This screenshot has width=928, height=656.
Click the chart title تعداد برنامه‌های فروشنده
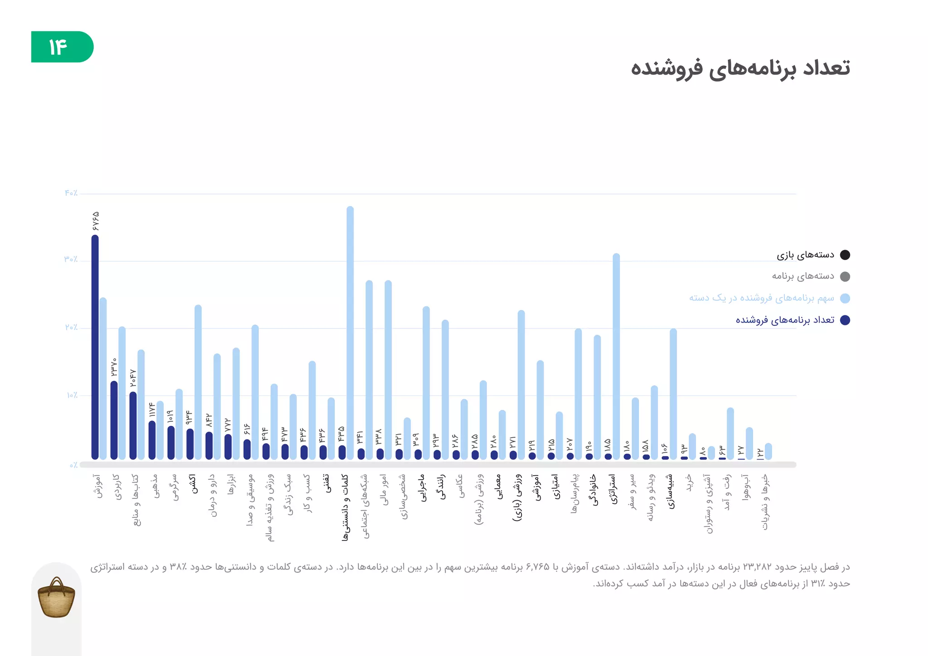click(x=740, y=68)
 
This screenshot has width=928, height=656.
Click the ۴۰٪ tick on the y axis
click(x=71, y=193)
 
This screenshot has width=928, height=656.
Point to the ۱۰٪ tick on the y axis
click(x=72, y=396)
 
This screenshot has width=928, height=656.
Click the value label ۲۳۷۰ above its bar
click(x=114, y=367)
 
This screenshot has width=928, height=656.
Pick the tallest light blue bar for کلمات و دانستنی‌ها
click(x=350, y=333)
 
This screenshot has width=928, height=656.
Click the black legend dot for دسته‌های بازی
click(x=845, y=255)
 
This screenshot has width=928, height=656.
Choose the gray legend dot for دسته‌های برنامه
click(x=845, y=276)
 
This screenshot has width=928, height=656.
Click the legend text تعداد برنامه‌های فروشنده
click(x=785, y=320)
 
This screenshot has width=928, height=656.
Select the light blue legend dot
click(x=845, y=298)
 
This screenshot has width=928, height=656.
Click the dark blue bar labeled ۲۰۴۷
click(x=133, y=426)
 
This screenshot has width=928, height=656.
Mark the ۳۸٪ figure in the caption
click(x=176, y=567)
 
